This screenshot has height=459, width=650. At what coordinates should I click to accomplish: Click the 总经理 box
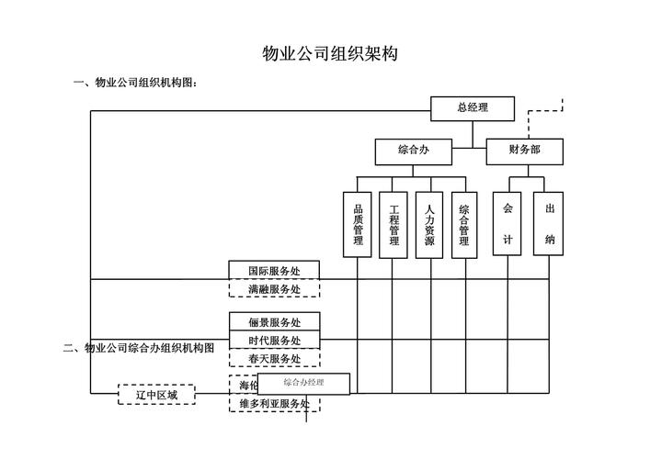[472, 108]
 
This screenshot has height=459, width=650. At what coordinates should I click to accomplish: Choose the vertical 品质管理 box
[358, 224]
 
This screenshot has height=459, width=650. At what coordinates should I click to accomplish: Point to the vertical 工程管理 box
[393, 224]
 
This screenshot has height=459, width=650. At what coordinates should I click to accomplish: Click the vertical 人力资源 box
[429, 224]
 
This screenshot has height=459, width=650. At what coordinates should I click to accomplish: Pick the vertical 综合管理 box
[464, 224]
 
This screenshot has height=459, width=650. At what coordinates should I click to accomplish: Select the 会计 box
[507, 223]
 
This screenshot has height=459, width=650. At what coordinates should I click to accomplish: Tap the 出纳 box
[549, 223]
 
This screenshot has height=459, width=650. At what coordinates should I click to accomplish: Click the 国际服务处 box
[274, 270]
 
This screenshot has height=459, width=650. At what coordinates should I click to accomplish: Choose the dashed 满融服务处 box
[274, 289]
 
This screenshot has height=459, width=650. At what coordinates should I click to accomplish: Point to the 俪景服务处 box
[274, 322]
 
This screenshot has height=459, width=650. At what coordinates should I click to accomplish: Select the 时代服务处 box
[274, 341]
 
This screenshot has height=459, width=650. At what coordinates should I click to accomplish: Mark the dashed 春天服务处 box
[274, 358]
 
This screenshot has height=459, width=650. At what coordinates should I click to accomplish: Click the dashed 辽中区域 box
[156, 395]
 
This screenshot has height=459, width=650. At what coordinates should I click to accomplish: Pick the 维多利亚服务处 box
[274, 404]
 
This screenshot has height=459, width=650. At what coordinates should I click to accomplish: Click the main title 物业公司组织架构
[330, 54]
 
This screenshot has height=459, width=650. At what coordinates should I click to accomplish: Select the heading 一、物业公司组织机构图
[136, 84]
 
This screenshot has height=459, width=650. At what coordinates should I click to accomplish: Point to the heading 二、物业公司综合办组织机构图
[139, 348]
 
